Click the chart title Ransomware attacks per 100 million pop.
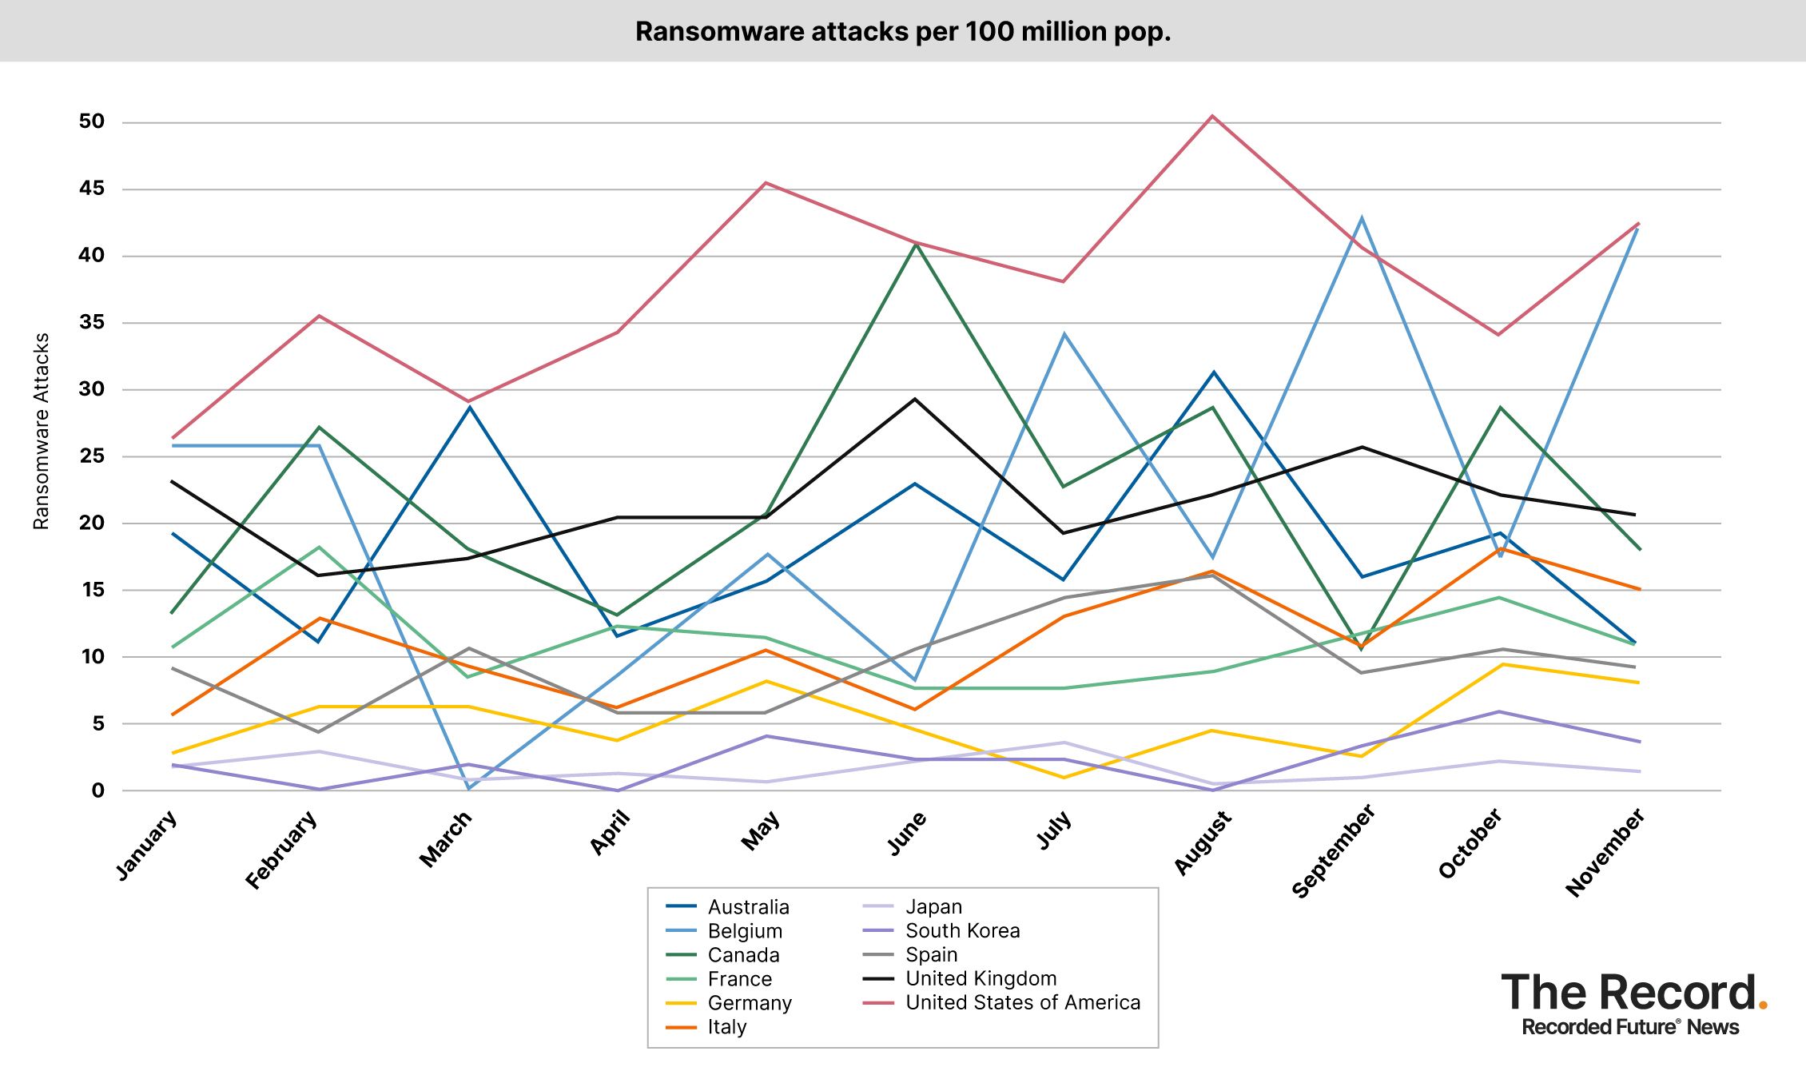pos(902,31)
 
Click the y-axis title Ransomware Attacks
pos(42,431)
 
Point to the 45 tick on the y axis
pos(92,189)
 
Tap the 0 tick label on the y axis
pos(97,790)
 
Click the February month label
pos(281,850)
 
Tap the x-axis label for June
pos(907,833)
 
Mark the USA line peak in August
pos(1212,116)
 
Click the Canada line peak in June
pos(916,244)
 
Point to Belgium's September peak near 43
pos(1361,217)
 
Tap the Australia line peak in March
pos(470,408)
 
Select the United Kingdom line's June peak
pos(915,399)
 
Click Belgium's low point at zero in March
pos(469,789)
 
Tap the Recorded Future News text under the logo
pos(1630,1028)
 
